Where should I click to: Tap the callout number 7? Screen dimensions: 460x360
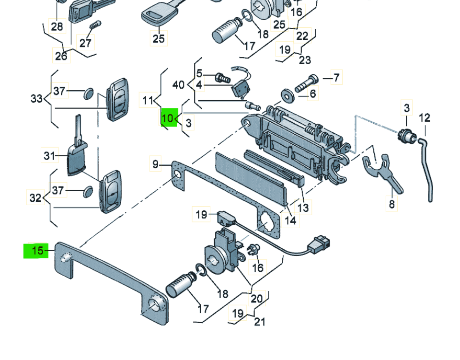[336, 78]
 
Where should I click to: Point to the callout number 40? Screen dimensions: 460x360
[178, 85]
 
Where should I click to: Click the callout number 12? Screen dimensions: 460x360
[425, 118]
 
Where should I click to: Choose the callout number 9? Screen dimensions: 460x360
[155, 164]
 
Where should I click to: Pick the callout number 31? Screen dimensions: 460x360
[49, 155]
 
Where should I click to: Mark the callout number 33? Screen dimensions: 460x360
[37, 99]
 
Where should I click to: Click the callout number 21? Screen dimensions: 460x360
[260, 322]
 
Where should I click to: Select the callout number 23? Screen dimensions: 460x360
[305, 60]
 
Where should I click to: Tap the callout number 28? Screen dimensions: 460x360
[57, 27]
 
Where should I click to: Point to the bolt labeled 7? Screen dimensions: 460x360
[306, 83]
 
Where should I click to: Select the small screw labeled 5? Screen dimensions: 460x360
[223, 78]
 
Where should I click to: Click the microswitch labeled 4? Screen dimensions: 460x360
[241, 89]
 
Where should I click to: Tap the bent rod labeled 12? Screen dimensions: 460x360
[425, 169]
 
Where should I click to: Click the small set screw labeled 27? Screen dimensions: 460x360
[95, 25]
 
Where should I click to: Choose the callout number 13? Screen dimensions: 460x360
[303, 208]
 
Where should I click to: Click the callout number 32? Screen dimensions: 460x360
[35, 198]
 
